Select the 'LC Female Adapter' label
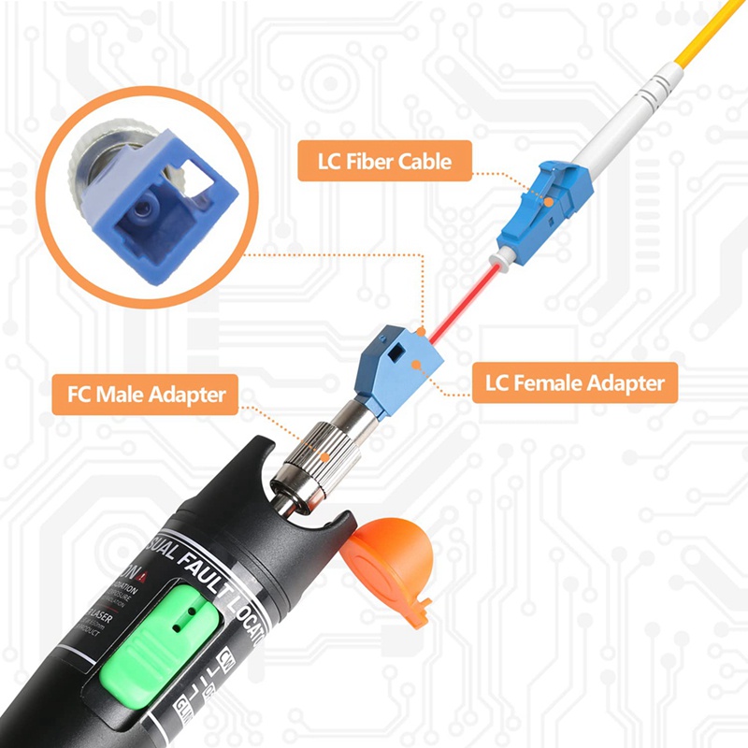574,382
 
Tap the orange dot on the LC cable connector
549,198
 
